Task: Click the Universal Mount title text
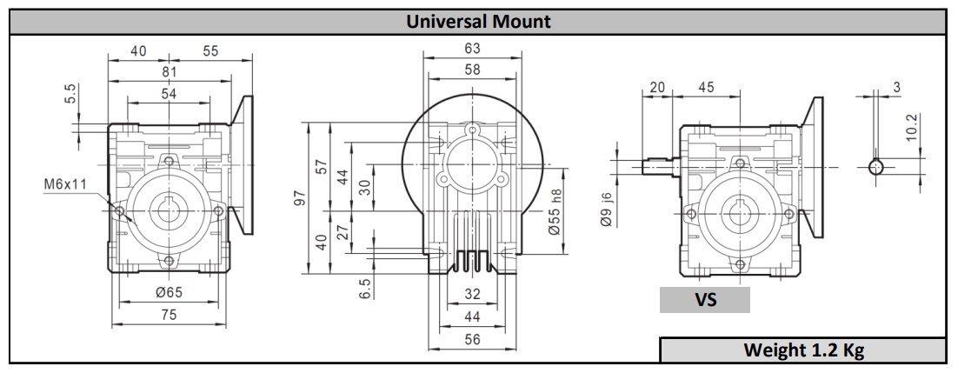[478, 22]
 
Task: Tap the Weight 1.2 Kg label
[803, 350]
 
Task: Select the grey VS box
[704, 300]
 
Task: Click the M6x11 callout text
[64, 183]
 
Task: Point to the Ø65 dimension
[170, 292]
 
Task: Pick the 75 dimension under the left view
[170, 314]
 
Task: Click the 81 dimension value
[170, 71]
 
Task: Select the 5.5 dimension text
[70, 94]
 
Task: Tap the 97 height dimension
[300, 198]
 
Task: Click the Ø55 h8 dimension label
[555, 211]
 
